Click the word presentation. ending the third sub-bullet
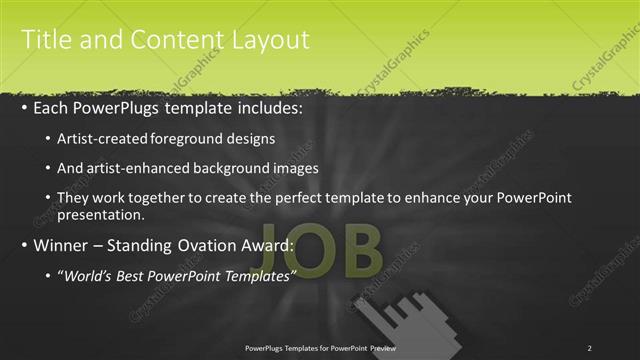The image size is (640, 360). click(x=103, y=215)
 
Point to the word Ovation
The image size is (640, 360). click(x=212, y=245)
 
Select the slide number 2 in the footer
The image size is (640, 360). click(x=589, y=348)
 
